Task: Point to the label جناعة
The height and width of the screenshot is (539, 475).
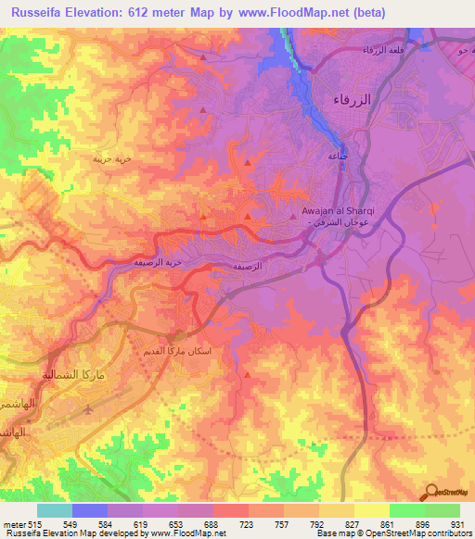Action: click(338, 157)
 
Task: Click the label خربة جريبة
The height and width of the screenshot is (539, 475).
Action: click(111, 158)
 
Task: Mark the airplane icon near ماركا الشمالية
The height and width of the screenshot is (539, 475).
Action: click(87, 407)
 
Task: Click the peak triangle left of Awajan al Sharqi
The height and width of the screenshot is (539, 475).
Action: click(248, 217)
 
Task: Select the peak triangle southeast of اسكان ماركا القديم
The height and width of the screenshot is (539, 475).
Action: click(248, 374)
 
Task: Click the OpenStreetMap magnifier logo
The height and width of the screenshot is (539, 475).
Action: click(431, 491)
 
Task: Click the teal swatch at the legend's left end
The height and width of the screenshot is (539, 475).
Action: click(54, 510)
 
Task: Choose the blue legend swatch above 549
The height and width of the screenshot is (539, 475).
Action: click(89, 510)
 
